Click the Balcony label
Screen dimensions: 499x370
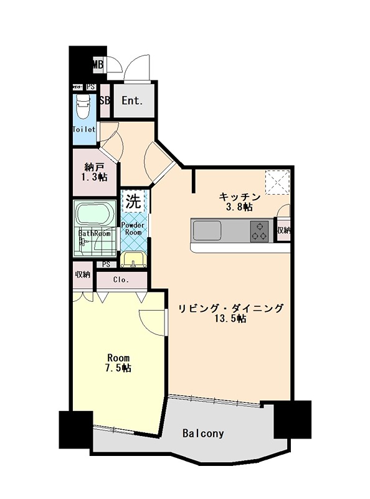point(203,433)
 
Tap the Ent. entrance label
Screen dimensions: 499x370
point(132,100)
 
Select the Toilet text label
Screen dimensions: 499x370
point(84,130)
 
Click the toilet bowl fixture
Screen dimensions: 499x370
point(84,107)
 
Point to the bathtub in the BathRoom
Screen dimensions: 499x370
point(93,216)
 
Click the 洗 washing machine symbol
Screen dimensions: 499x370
point(133,201)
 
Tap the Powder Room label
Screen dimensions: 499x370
point(133,228)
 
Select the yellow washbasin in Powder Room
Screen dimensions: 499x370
point(133,258)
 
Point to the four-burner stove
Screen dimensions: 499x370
point(259,231)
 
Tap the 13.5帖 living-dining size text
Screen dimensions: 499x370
point(231,319)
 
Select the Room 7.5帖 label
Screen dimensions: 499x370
point(118,363)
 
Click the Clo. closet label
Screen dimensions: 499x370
point(121,280)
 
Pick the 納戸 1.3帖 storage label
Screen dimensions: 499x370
point(95,172)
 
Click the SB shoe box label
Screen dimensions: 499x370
point(105,100)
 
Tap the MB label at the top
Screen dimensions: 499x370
point(98,64)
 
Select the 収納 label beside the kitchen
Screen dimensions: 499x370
point(283,231)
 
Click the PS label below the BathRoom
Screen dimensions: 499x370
point(107,264)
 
